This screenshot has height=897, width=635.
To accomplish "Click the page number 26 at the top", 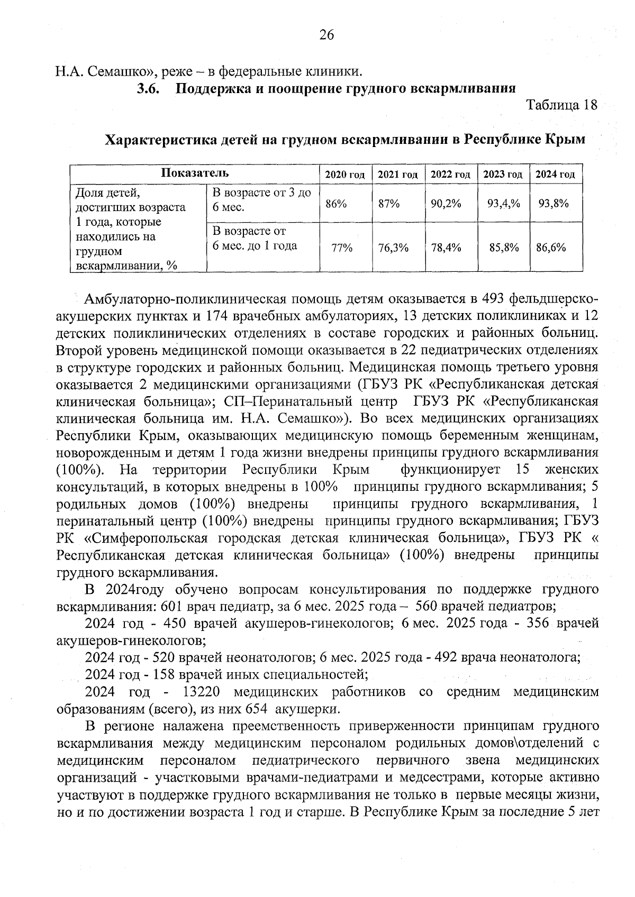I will [x=326, y=35].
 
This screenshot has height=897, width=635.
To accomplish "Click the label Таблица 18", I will [x=561, y=105].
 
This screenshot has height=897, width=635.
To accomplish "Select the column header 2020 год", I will [x=345, y=175].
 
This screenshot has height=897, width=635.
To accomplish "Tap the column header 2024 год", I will [x=555, y=175].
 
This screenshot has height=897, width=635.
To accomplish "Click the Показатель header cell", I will [x=195, y=173].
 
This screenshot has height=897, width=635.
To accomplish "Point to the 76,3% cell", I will [x=393, y=247].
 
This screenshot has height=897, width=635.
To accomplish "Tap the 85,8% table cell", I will [x=504, y=247].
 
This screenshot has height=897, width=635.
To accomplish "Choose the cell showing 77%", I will [x=341, y=247].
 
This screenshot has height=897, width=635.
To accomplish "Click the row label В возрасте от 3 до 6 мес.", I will [x=261, y=199].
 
